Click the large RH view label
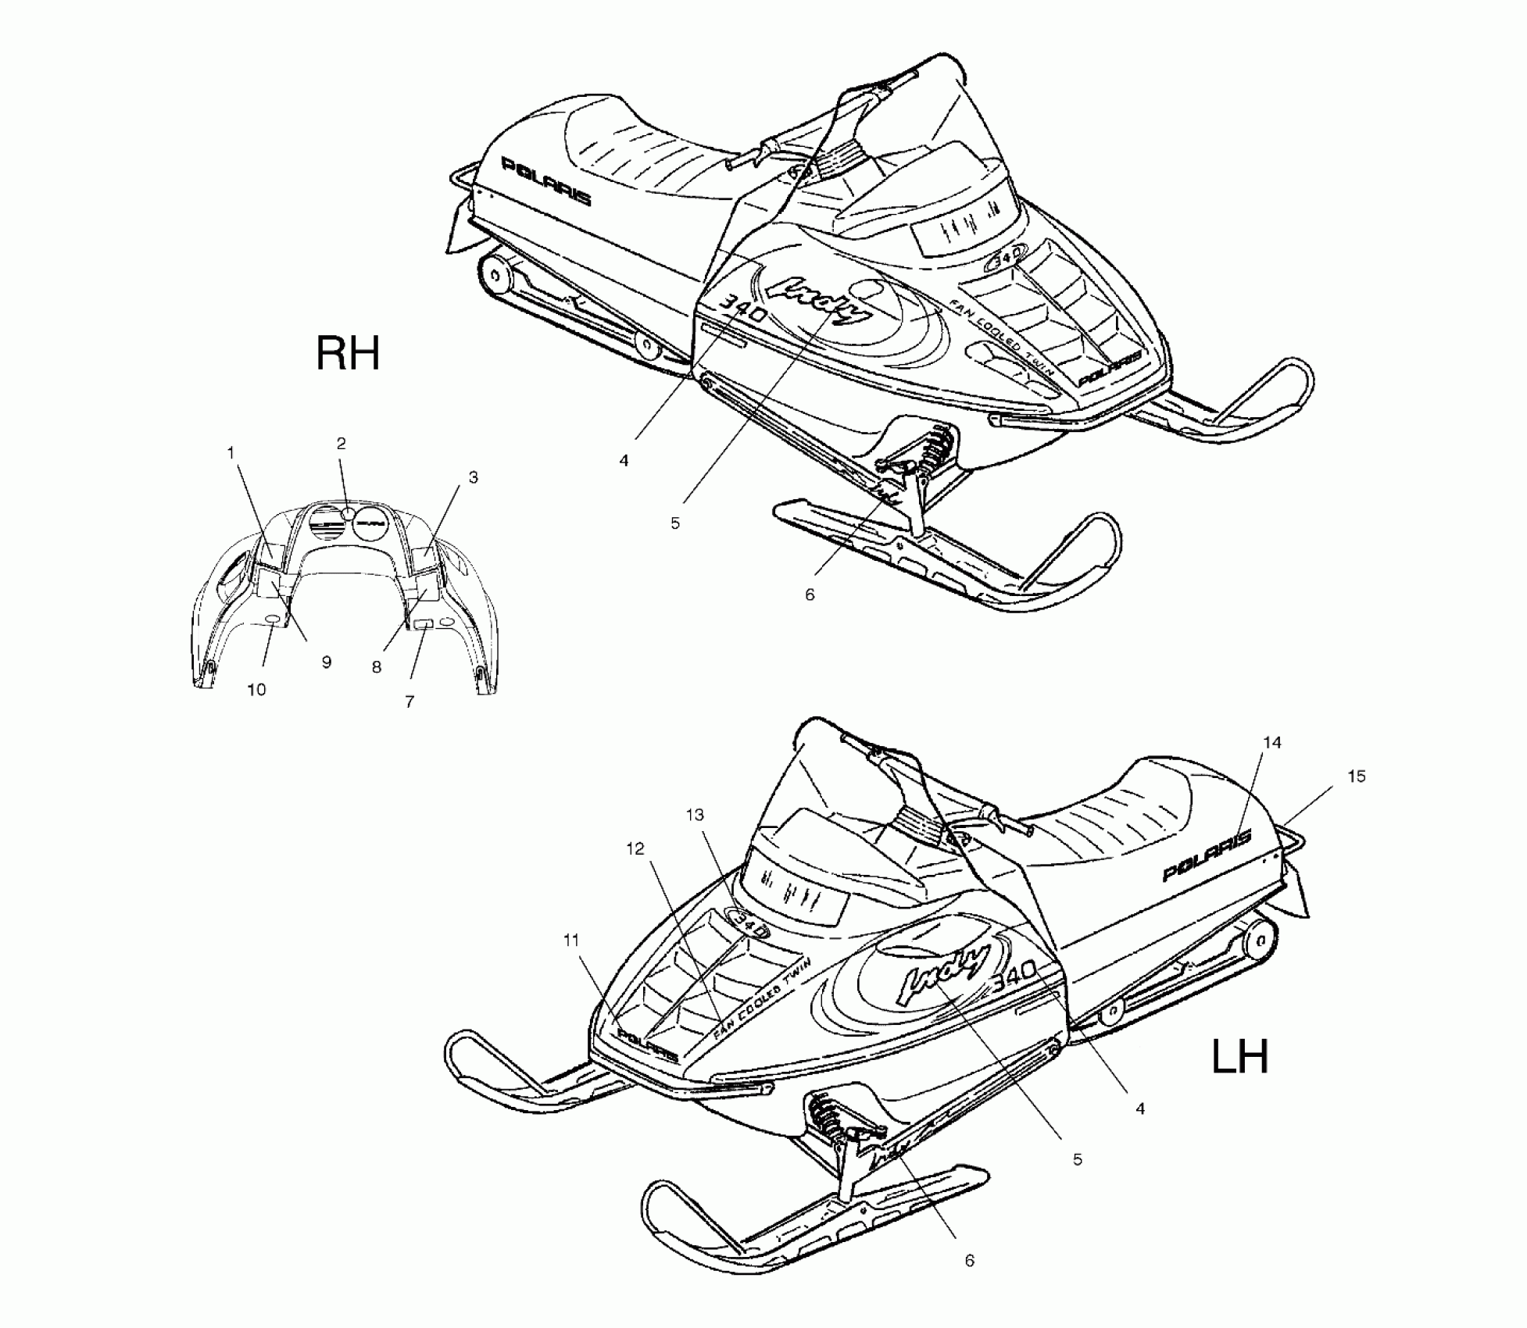[348, 353]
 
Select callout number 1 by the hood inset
[231, 452]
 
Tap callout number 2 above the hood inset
[342, 444]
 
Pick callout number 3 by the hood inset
[473, 477]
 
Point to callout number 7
[409, 701]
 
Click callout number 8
[377, 667]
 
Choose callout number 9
[327, 662]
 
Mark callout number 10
[256, 690]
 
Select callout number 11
[571, 941]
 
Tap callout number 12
[635, 848]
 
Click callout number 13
[695, 815]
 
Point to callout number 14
[1272, 742]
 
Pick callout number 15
[1357, 776]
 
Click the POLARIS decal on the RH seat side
[545, 182]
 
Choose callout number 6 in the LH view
[969, 1261]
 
